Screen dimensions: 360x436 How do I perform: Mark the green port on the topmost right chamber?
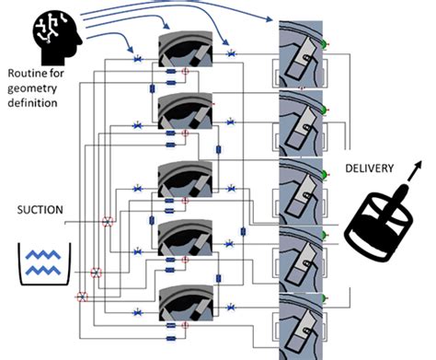(x=326, y=42)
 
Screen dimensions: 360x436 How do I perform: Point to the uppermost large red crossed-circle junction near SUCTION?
(x=108, y=222)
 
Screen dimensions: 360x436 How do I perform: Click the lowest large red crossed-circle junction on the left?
(x=82, y=296)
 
